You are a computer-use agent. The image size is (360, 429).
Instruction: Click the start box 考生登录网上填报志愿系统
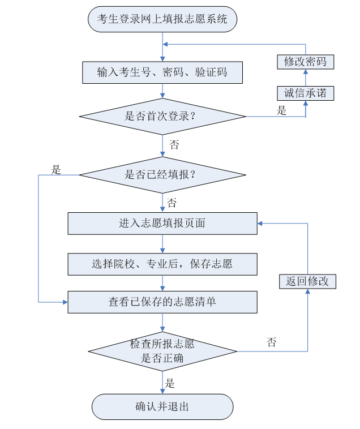click(x=162, y=20)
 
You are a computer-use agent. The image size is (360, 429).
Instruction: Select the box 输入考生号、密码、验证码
click(x=162, y=72)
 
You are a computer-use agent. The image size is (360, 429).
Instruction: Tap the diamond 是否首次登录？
click(x=162, y=117)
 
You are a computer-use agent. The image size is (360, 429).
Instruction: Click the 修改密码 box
click(x=306, y=62)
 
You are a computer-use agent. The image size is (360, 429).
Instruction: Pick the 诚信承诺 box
click(x=306, y=93)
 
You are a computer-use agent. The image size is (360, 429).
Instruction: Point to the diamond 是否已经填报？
click(x=162, y=174)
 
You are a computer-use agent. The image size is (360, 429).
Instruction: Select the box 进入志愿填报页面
click(x=162, y=223)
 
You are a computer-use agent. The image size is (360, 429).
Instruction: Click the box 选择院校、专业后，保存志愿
click(x=162, y=264)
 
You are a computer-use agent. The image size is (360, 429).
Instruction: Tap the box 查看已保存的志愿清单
click(x=162, y=302)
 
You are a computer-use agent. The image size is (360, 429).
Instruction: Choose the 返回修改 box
click(x=307, y=281)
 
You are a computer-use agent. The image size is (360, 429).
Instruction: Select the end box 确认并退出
click(x=162, y=406)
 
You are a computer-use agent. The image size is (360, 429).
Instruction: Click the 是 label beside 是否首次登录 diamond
click(x=282, y=110)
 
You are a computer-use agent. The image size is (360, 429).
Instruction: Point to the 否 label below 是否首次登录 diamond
click(x=174, y=145)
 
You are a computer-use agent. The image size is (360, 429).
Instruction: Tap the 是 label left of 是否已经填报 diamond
click(x=56, y=169)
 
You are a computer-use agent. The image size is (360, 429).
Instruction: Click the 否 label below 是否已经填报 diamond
click(x=172, y=203)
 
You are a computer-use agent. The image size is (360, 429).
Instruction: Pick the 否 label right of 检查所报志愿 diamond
click(x=272, y=342)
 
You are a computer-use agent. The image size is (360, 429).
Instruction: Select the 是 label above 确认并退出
click(x=170, y=384)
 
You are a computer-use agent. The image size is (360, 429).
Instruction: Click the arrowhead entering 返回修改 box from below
click(x=307, y=291)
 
